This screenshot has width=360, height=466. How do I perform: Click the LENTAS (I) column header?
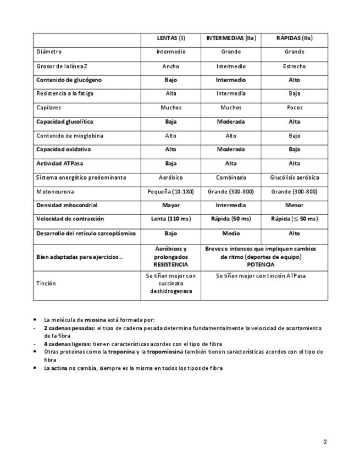tap(171, 38)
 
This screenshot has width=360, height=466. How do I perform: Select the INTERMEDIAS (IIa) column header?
tap(231, 38)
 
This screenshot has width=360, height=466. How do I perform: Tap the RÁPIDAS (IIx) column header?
tap(294, 38)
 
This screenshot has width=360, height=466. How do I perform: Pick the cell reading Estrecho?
tap(294, 66)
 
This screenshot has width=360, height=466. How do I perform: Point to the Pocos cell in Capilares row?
tap(294, 108)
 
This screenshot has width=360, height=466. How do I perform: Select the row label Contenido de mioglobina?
tap(70, 136)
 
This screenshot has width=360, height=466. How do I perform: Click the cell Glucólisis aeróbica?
tap(294, 177)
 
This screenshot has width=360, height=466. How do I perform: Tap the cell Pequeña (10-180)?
tap(171, 192)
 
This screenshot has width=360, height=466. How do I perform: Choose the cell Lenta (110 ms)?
tap(171, 219)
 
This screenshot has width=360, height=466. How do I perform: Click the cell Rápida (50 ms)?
tap(231, 219)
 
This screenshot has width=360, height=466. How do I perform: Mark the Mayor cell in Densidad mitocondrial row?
tap(171, 206)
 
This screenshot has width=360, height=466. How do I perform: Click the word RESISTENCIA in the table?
tap(171, 264)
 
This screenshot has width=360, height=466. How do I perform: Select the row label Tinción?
tap(46, 284)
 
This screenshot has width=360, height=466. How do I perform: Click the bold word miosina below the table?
tap(95, 319)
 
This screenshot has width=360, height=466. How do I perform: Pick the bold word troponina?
tap(120, 352)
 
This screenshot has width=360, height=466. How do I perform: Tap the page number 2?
tap(325, 442)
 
